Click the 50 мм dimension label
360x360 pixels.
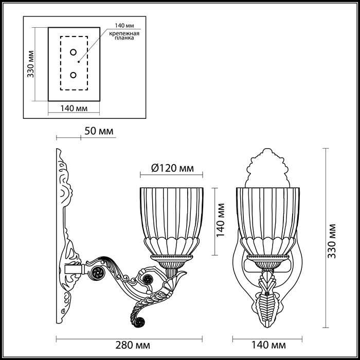click(x=98, y=132)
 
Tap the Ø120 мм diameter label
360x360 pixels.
click(x=173, y=168)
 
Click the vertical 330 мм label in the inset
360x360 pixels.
click(x=31, y=64)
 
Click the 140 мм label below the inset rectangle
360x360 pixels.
click(x=73, y=108)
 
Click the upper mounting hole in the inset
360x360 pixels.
click(x=73, y=52)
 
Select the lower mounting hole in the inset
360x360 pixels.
click(x=73, y=76)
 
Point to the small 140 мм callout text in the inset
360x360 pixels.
click(x=124, y=25)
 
